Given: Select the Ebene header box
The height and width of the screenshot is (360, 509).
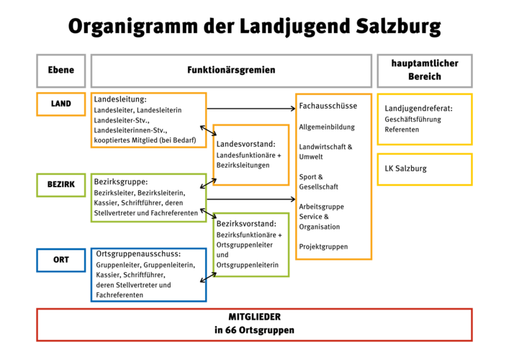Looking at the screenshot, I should pyautogui.click(x=60, y=71).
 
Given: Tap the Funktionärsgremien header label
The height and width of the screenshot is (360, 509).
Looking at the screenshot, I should pyautogui.click(x=231, y=71).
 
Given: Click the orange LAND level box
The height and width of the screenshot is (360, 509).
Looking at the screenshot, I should pyautogui.click(x=60, y=104).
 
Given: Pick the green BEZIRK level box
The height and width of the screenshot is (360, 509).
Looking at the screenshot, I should pyautogui.click(x=60, y=185).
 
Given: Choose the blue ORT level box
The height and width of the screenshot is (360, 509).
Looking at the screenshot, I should pyautogui.click(x=60, y=259).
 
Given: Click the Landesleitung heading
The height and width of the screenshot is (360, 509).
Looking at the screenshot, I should pyautogui.click(x=120, y=99).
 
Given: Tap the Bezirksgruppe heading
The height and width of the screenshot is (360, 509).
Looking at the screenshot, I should pyautogui.click(x=120, y=181).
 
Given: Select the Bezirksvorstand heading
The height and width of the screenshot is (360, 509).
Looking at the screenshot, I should pyautogui.click(x=246, y=223).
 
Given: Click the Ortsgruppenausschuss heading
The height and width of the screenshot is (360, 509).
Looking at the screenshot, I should pyautogui.click(x=138, y=253).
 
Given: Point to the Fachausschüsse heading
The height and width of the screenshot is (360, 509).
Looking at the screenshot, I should pyautogui.click(x=328, y=106).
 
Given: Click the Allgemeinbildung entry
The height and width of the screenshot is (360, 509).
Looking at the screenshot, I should pyautogui.click(x=327, y=127).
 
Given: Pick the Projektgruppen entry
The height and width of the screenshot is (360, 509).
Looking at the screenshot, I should pyautogui.click(x=323, y=246).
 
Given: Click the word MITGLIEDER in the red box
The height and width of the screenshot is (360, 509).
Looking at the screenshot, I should pyautogui.click(x=254, y=317).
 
